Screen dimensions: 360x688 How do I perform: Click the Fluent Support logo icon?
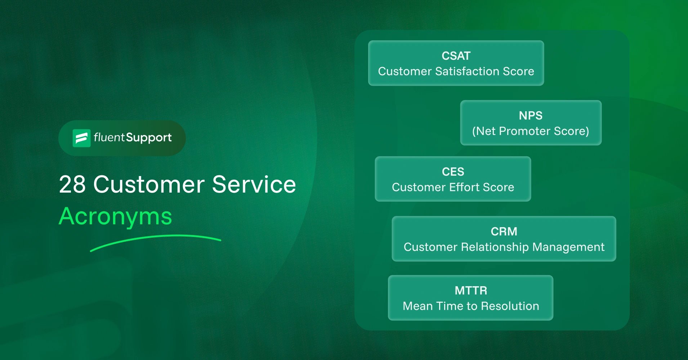[81, 138]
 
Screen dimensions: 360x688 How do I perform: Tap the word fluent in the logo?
[109, 138]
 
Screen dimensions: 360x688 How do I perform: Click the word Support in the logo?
[149, 138]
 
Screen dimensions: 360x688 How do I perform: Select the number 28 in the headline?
[72, 185]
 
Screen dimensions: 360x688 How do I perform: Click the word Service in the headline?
[254, 185]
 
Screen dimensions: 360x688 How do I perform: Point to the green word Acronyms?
[115, 217]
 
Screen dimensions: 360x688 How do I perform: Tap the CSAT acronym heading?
[456, 56]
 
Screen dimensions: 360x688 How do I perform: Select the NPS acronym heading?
[531, 116]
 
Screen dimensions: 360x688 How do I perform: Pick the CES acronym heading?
[453, 172]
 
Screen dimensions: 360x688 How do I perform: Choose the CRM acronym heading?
[504, 231]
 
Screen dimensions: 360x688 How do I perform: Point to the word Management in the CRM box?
[568, 247]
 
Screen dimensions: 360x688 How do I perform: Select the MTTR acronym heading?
[471, 291]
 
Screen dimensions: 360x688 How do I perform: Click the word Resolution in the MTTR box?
[510, 306]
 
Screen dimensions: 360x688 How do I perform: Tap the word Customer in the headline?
[149, 185]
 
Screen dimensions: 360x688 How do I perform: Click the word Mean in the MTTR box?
[417, 306]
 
